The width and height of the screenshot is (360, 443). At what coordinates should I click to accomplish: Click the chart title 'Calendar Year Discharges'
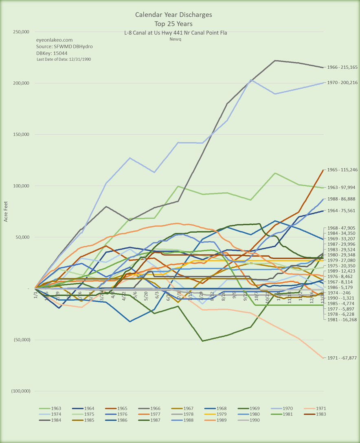pyautogui.click(x=173, y=15)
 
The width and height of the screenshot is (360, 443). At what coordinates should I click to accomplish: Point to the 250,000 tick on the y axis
pyautogui.click(x=20, y=32)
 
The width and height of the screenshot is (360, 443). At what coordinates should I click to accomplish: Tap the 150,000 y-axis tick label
pyautogui.click(x=20, y=135)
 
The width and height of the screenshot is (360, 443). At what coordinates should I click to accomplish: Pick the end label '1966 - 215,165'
pyautogui.click(x=341, y=67)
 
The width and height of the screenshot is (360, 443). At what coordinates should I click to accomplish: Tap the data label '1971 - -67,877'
pyautogui.click(x=341, y=358)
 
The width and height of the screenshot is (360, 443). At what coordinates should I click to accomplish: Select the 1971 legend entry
pyautogui.click(x=316, y=408)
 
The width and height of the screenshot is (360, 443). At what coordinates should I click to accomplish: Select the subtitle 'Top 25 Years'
pyautogui.click(x=173, y=24)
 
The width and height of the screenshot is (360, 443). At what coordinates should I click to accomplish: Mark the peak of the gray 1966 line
pyautogui.click(x=276, y=61)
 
